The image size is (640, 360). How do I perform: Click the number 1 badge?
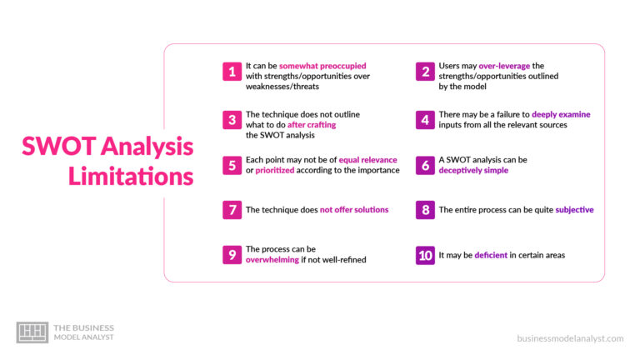click(232, 72)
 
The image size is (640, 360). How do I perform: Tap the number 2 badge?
click(425, 72)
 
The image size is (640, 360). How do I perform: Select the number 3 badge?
click(232, 120)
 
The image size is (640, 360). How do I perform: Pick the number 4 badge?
click(425, 120)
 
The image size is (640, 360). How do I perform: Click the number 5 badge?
click(232, 165)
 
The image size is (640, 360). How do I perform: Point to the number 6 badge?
click(425, 165)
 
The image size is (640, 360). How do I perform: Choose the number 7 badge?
click(232, 210)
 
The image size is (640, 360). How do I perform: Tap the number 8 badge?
click(425, 210)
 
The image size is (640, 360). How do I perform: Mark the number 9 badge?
click(232, 255)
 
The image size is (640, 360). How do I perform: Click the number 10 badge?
click(425, 255)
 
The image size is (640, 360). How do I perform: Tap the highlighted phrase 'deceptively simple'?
click(473, 170)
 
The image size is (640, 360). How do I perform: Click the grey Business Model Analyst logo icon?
click(32, 332)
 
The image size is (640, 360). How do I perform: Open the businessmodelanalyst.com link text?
click(570, 338)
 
